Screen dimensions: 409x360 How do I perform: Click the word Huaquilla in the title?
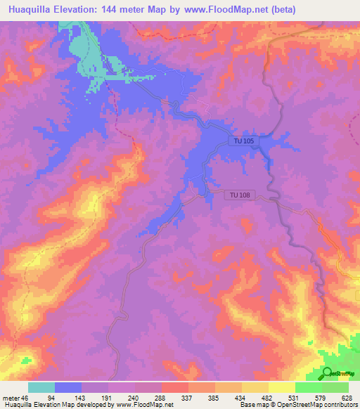tap(35, 10)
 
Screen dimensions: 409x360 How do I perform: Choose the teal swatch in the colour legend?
tap(41, 387)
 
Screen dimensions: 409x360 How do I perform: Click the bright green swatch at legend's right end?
tap(335, 387)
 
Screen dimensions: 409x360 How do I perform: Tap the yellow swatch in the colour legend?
tap(282, 387)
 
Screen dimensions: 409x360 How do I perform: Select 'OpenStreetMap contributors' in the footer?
tap(319, 405)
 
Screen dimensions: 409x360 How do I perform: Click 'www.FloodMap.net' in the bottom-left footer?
tap(144, 405)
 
